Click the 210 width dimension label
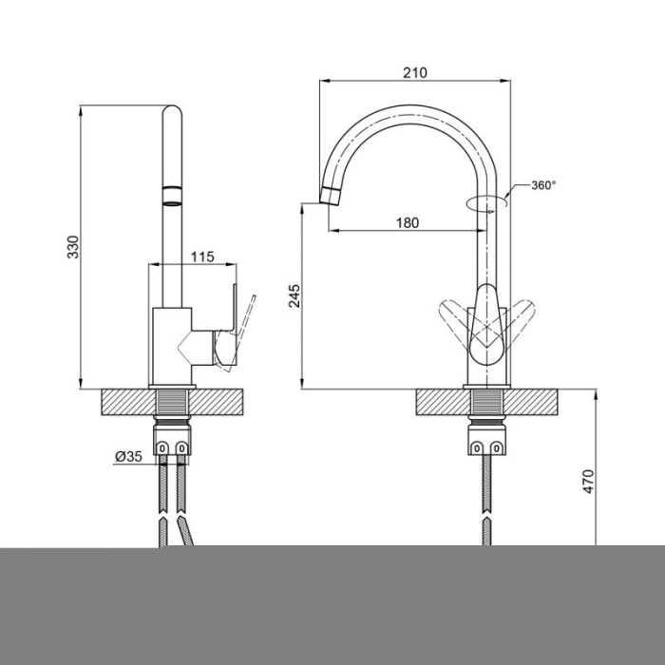(415, 73)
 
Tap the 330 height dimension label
(73, 247)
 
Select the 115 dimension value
(202, 257)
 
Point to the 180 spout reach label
(408, 222)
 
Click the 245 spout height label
(294, 295)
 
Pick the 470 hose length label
(589, 481)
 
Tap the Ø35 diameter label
(128, 456)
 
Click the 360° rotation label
(543, 185)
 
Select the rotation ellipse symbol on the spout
(486, 203)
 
